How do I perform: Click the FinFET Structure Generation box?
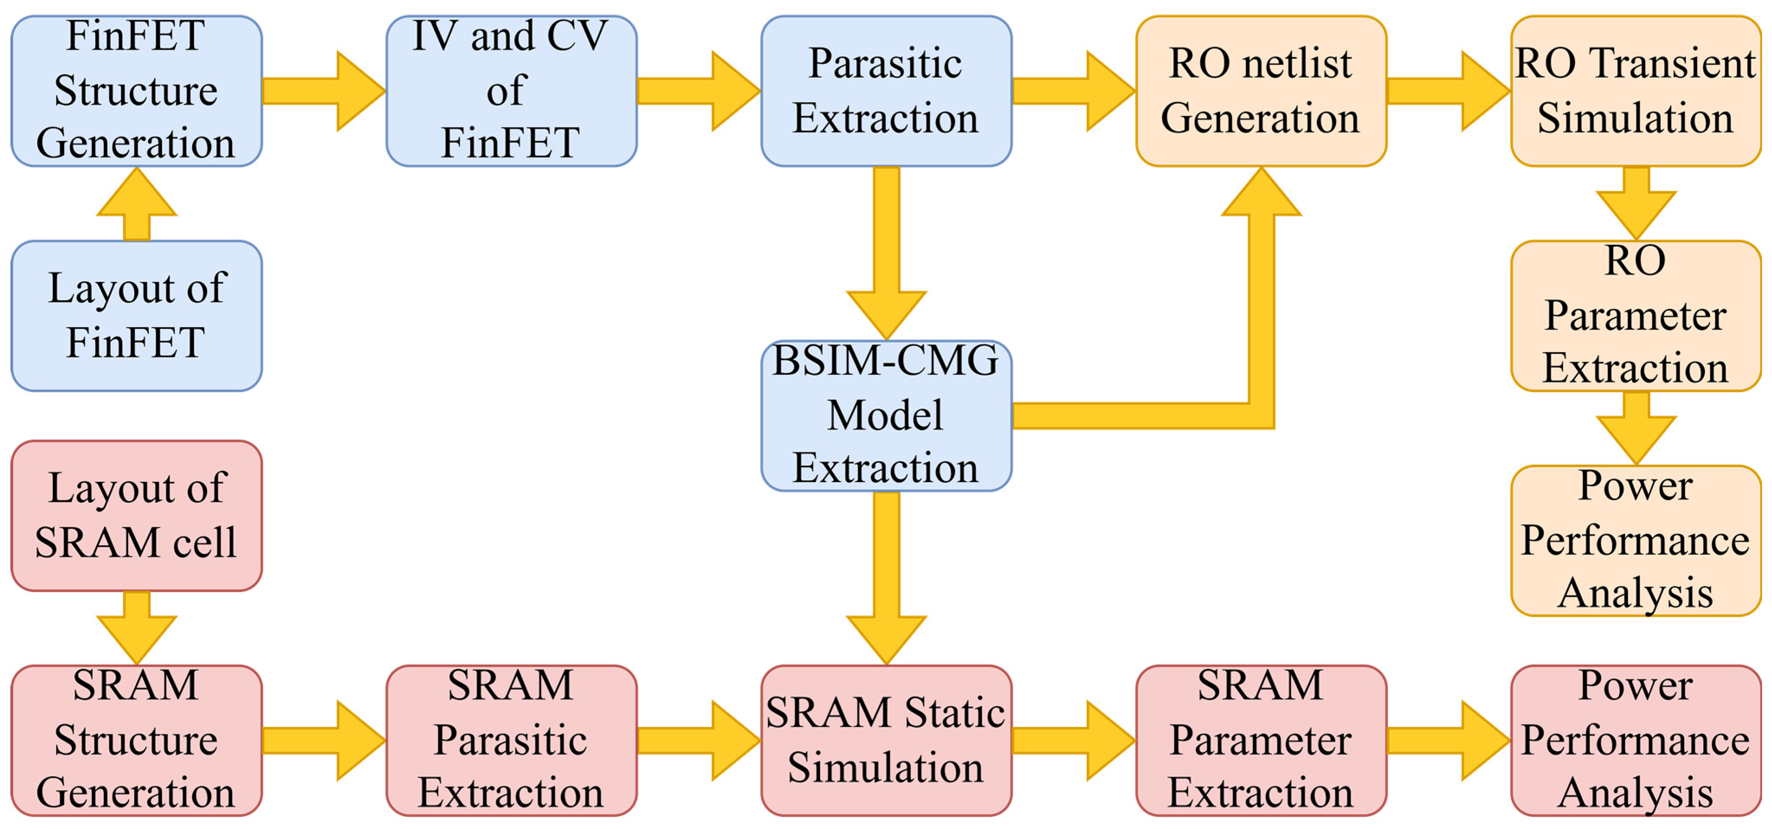pos(136,91)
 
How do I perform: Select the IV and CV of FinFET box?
pos(511,91)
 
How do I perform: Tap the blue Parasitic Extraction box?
pos(886,91)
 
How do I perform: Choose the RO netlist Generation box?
pos(1261,91)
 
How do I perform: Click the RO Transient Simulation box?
pos(1636,91)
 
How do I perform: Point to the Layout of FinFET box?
pos(136,315)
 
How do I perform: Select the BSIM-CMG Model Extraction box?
pos(886,415)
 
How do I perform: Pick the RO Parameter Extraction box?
pos(1636,315)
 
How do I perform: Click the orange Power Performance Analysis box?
pos(1636,540)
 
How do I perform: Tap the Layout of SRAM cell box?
pos(136,516)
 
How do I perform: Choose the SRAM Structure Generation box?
pos(136,740)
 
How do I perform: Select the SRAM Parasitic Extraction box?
pos(511,740)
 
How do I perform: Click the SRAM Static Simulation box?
pos(886,740)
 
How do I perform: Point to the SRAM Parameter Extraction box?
pos(1261,740)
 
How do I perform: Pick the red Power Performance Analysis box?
pos(1636,740)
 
